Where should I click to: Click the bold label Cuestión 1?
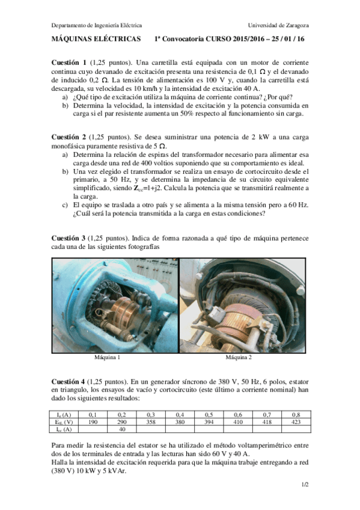point(69,63)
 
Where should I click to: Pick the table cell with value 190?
point(93,422)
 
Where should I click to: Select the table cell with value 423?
point(296,422)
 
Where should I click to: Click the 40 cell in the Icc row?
point(122,429)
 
